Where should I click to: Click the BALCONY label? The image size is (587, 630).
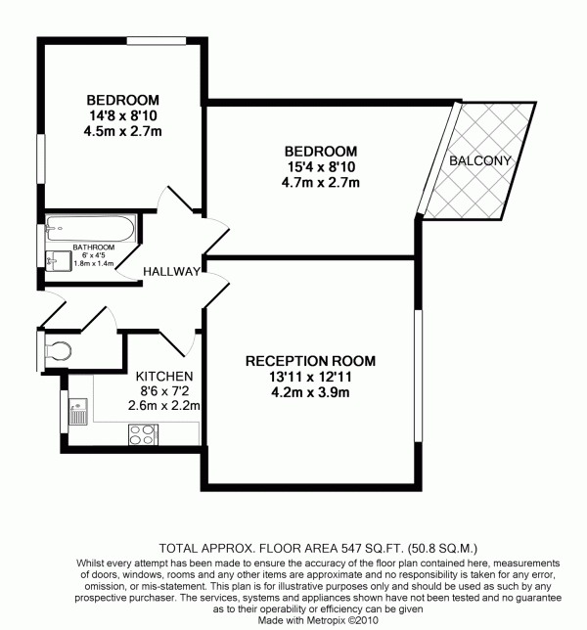click(x=479, y=160)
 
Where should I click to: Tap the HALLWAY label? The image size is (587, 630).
click(x=171, y=272)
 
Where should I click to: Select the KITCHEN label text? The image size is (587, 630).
click(x=164, y=377)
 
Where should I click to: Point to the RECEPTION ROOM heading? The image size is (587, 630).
click(x=310, y=361)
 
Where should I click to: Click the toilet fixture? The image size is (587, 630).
click(x=57, y=350)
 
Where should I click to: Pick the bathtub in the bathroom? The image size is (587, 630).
click(x=90, y=229)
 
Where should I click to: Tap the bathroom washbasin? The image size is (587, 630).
click(x=53, y=261)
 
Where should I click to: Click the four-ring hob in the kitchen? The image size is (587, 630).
click(x=143, y=434)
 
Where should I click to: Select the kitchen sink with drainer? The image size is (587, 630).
click(x=78, y=412)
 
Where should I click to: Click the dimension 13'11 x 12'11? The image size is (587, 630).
click(x=310, y=377)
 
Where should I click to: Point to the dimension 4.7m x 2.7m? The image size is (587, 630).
click(x=320, y=183)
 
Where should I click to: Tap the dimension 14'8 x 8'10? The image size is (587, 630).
click(x=123, y=115)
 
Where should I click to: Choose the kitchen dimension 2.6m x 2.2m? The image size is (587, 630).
click(x=164, y=406)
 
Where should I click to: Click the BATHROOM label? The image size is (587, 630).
click(x=94, y=247)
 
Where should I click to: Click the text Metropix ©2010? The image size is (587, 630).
click(x=342, y=620)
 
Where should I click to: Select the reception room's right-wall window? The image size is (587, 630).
click(x=419, y=376)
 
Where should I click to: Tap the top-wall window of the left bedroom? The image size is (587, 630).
click(x=157, y=40)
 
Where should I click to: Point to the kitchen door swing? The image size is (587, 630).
click(x=180, y=343)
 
